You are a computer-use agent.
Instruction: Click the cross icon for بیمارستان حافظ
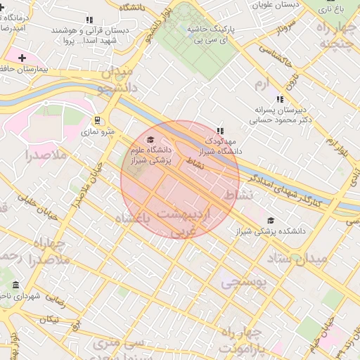point(22,58)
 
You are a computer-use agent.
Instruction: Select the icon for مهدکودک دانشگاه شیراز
point(220,130)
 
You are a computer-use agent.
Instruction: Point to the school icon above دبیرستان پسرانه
point(280,99)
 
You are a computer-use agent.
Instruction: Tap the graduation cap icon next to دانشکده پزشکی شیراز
point(271,221)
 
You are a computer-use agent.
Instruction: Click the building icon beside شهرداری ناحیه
point(15,285)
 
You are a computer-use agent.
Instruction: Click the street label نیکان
point(51,319)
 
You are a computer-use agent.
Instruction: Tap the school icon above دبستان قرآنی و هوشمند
point(89,20)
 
